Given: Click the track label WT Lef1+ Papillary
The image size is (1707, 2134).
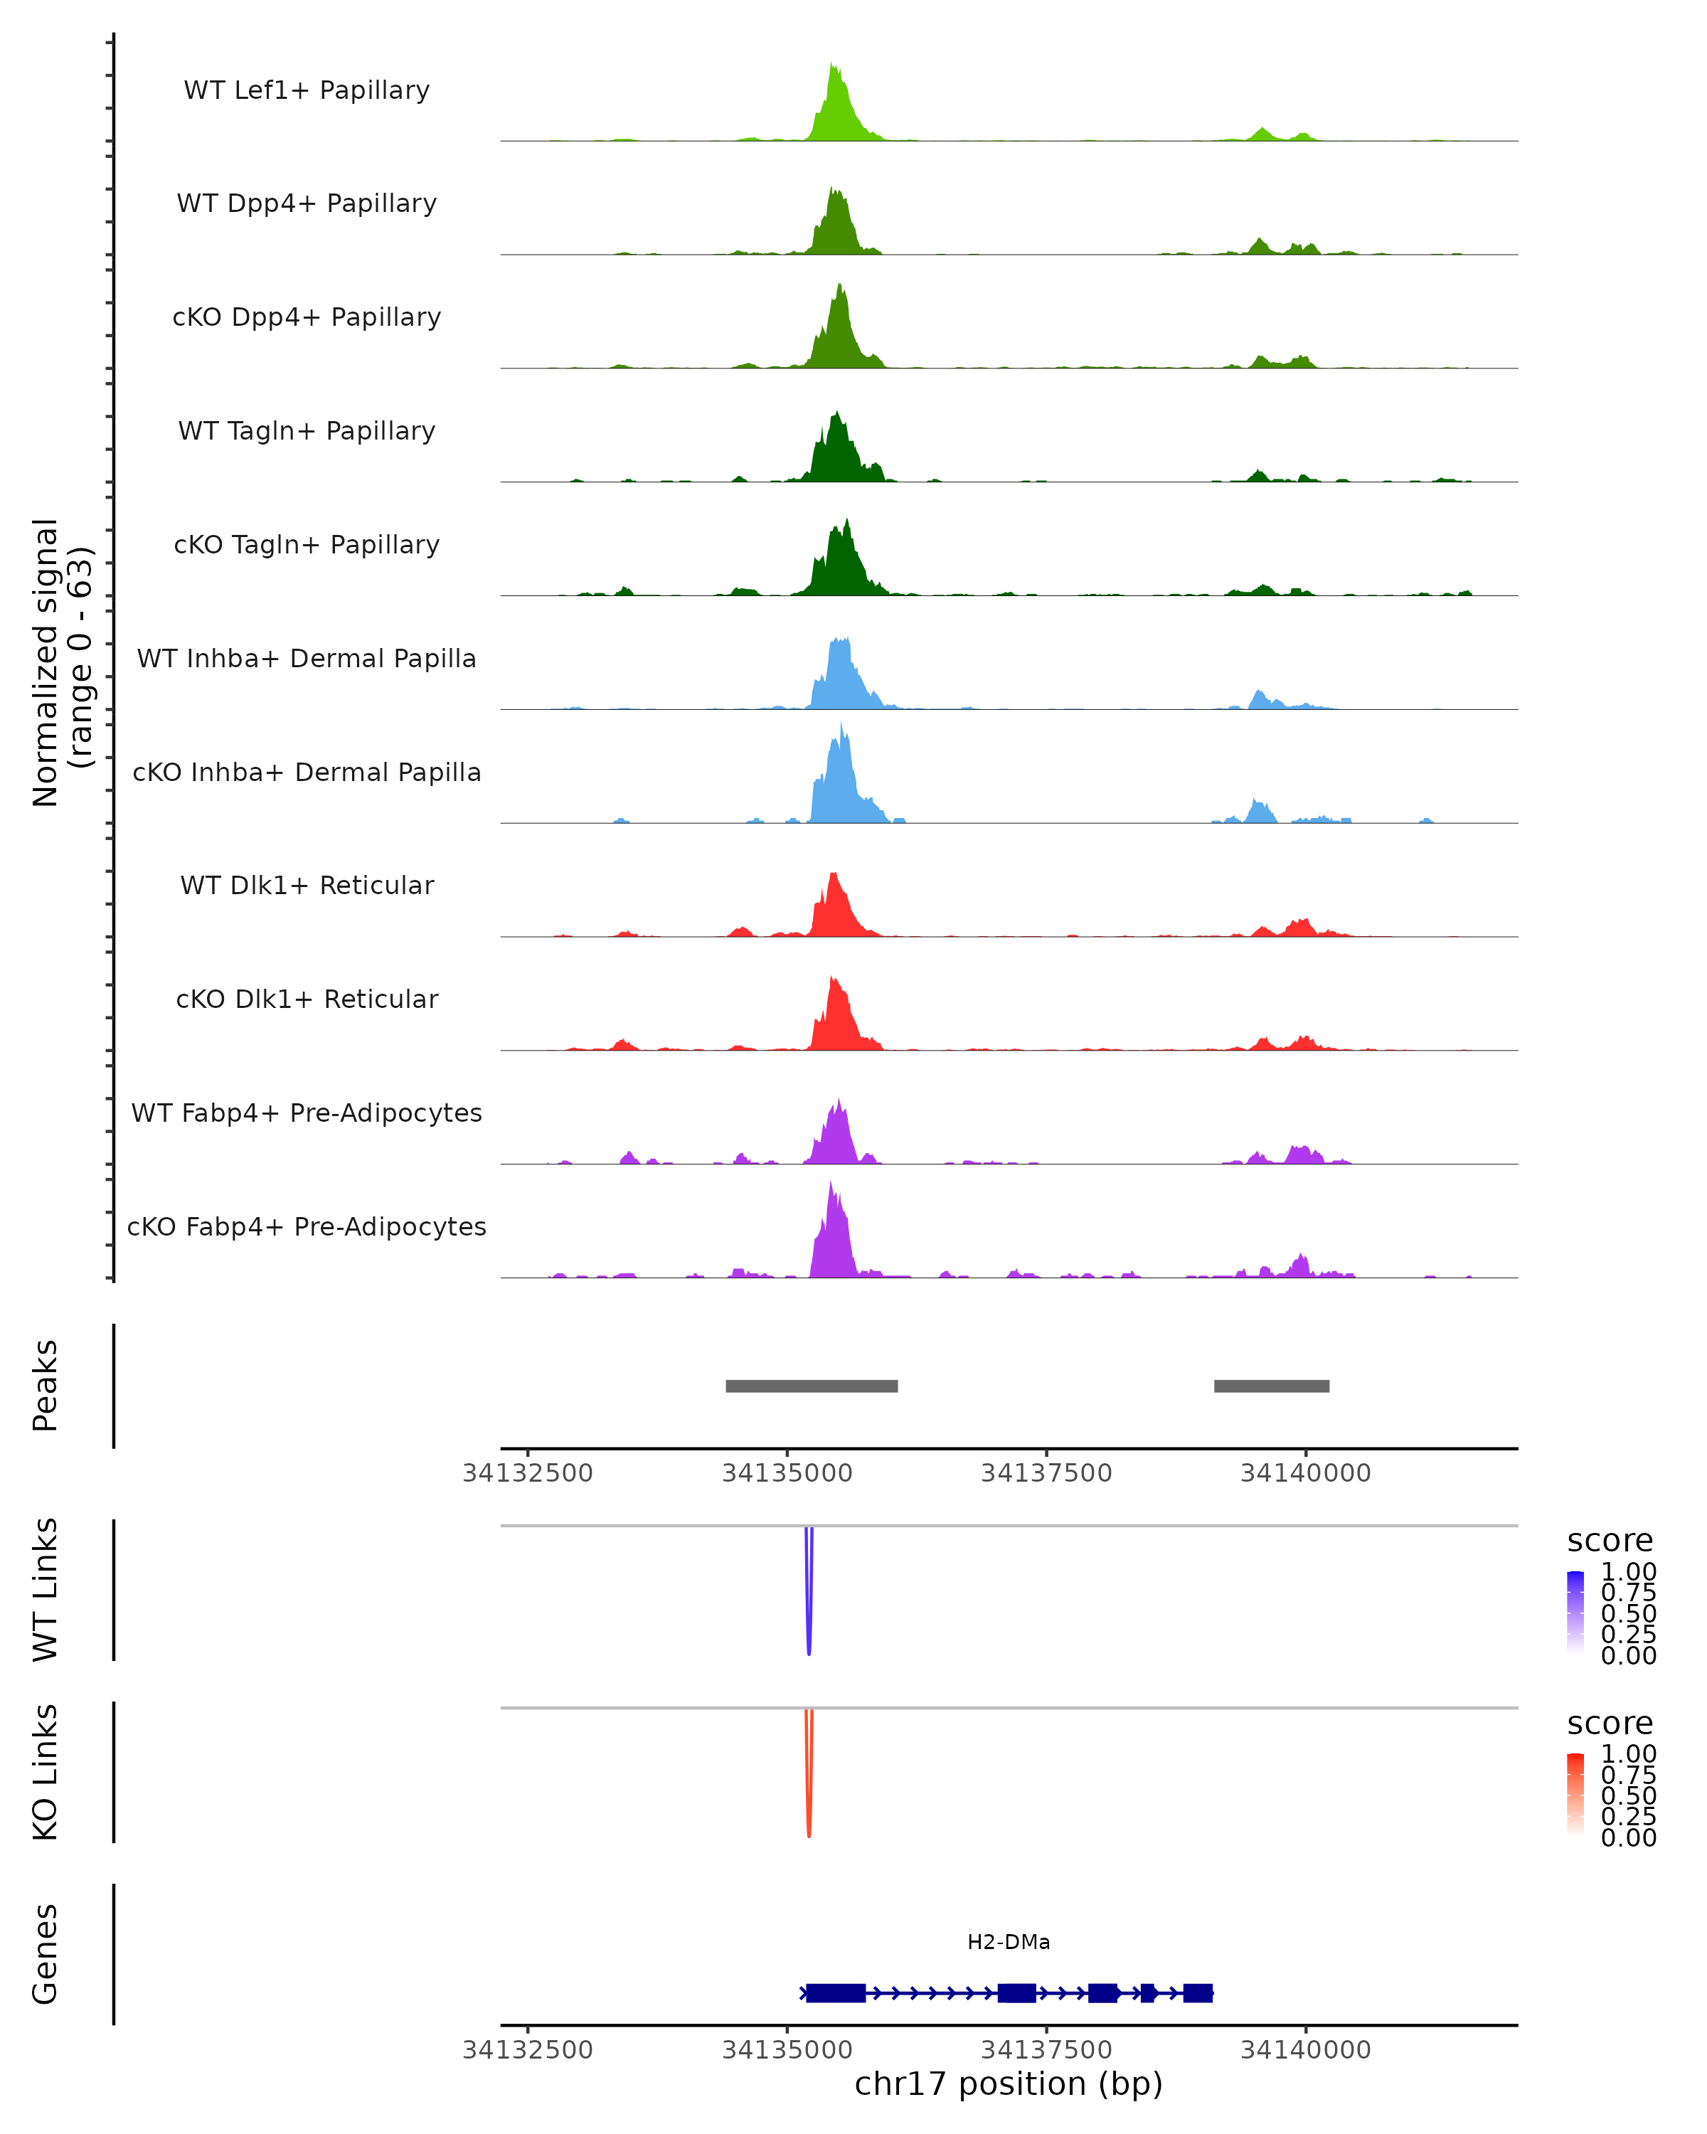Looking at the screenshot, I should (307, 90).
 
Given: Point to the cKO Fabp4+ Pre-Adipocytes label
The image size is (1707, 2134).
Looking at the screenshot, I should (307, 1226).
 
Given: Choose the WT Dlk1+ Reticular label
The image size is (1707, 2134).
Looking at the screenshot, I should (307, 886).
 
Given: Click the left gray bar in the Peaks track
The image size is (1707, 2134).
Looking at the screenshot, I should (812, 1386).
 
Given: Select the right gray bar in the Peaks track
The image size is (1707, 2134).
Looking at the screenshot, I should (1272, 1386).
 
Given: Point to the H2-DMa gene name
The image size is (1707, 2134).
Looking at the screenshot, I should (1009, 1942).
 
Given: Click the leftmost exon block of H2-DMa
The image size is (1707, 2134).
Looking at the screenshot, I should (835, 1992).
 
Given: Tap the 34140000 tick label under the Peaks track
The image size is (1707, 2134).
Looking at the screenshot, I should (1305, 1473).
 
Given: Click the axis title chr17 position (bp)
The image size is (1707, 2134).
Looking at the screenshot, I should (1009, 2084).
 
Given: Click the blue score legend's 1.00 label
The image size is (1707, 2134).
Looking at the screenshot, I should (1628, 1572).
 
